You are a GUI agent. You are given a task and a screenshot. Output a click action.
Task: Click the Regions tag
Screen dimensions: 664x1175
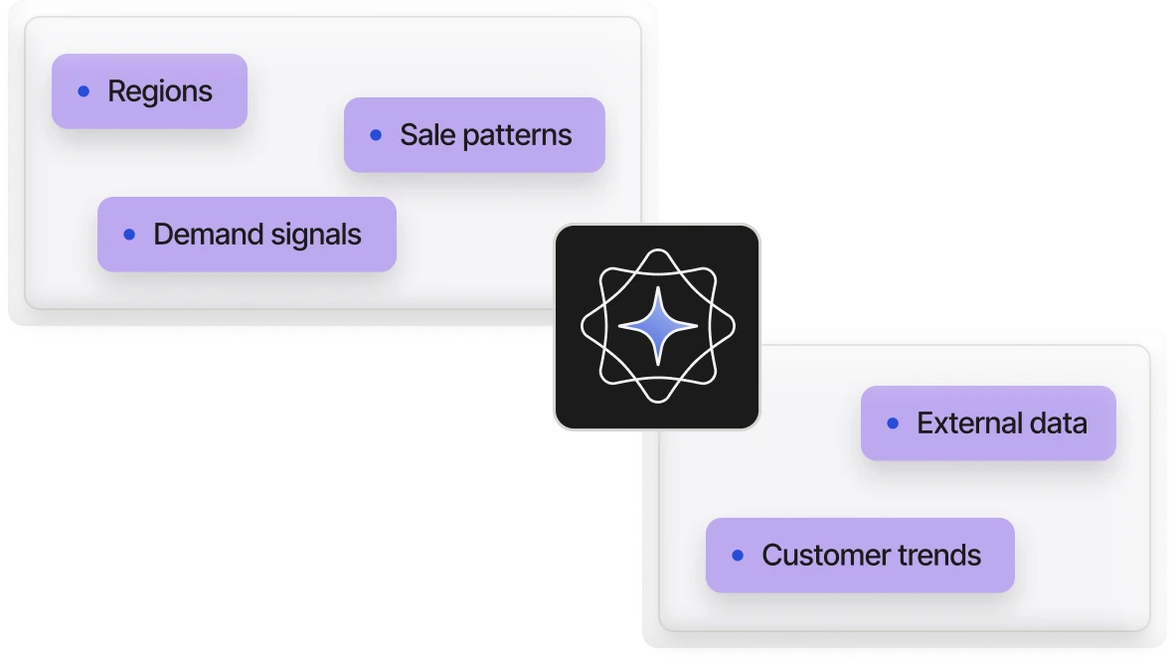coord(149,91)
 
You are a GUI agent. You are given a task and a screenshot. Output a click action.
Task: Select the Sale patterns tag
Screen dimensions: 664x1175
coord(474,135)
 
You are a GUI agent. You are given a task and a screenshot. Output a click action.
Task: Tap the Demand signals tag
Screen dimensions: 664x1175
coord(247,235)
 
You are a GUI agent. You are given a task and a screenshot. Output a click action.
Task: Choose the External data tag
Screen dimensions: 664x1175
coord(988,423)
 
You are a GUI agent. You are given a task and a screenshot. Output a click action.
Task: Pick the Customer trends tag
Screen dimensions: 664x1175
coord(860,556)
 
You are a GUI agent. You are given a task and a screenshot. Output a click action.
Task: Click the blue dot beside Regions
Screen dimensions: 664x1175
coord(84,91)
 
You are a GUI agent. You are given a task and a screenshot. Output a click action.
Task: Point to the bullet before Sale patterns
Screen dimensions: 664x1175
coord(376,135)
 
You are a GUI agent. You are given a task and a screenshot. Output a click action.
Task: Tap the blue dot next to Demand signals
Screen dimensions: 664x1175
coord(129,235)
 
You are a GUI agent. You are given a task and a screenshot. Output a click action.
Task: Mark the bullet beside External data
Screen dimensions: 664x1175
coord(893,423)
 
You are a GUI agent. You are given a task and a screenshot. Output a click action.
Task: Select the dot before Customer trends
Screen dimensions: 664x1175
coord(738,556)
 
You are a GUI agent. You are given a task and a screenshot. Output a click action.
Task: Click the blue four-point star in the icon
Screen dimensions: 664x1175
coord(657,325)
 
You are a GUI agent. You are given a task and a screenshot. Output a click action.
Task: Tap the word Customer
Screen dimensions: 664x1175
coord(822,556)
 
